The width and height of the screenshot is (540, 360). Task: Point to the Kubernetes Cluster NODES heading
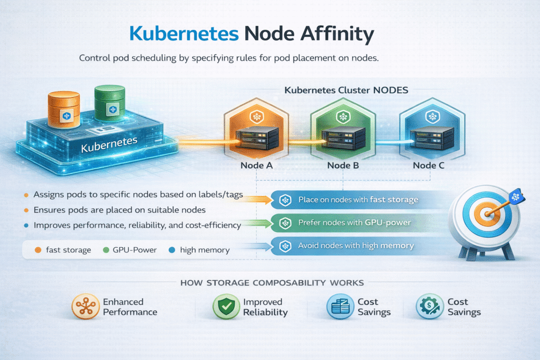click(346, 90)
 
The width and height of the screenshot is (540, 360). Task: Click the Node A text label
click(257, 166)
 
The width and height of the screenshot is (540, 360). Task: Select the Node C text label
click(429, 166)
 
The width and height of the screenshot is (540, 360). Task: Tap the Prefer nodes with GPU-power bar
click(354, 223)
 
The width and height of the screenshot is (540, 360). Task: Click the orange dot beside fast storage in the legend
click(37, 250)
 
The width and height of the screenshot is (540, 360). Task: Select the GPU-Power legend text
click(135, 250)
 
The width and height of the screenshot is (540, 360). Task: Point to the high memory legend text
click(205, 250)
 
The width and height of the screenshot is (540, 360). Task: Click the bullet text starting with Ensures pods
click(119, 210)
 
